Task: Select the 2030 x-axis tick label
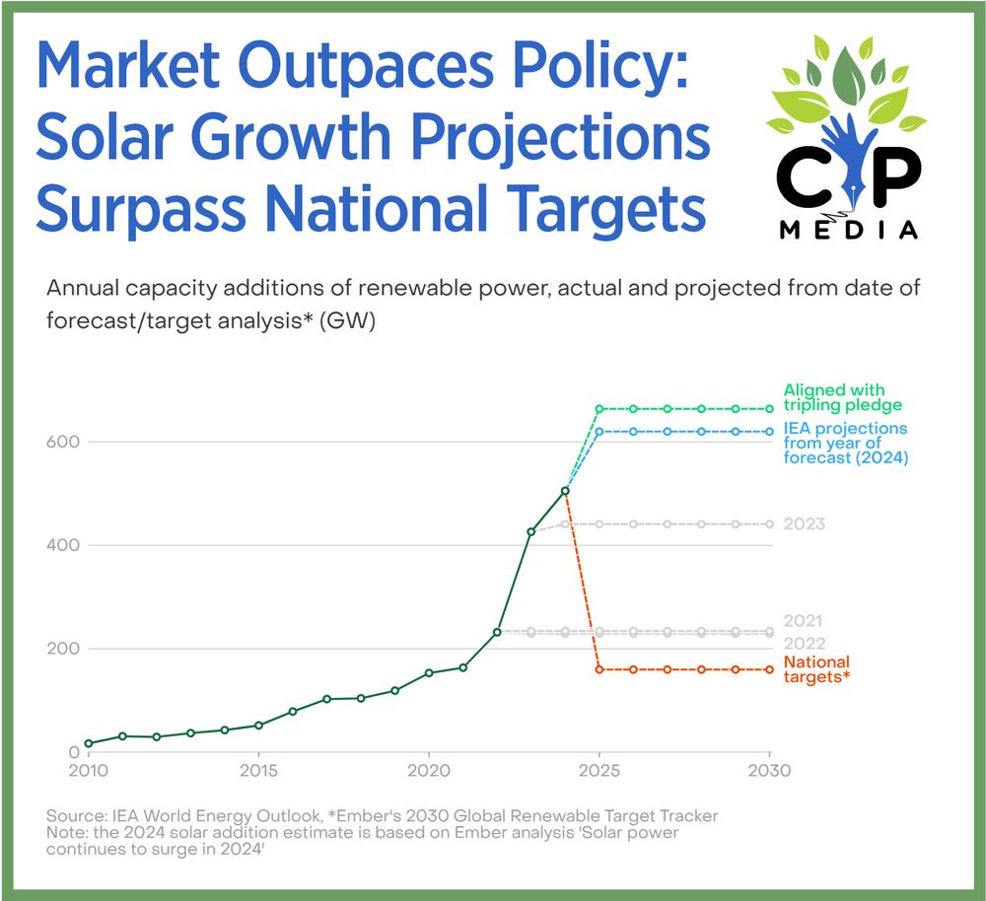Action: click(x=768, y=771)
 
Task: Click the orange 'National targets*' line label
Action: click(x=816, y=669)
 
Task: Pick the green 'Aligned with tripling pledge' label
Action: click(x=842, y=396)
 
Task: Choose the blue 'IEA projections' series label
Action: click(x=845, y=443)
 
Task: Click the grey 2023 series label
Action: click(x=804, y=524)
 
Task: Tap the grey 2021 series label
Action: click(x=804, y=621)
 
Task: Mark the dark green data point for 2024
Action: click(x=565, y=491)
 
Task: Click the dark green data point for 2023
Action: click(x=530, y=532)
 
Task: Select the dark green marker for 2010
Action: click(x=89, y=743)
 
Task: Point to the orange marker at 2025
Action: click(x=599, y=669)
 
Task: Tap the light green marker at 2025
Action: click(x=599, y=408)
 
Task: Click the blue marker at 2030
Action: click(x=769, y=432)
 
